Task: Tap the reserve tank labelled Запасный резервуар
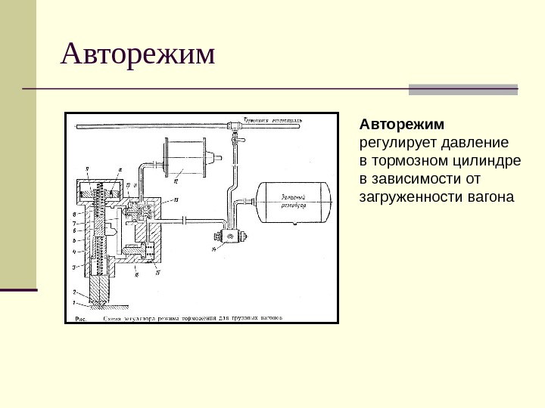(x=294, y=201)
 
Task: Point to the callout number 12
(x=175, y=182)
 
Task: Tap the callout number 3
(x=74, y=267)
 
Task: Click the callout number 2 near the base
(x=74, y=291)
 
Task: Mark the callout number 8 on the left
(x=74, y=214)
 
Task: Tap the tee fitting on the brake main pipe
(x=235, y=126)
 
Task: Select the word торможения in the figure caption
(x=205, y=318)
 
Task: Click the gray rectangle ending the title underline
(x=462, y=89)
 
